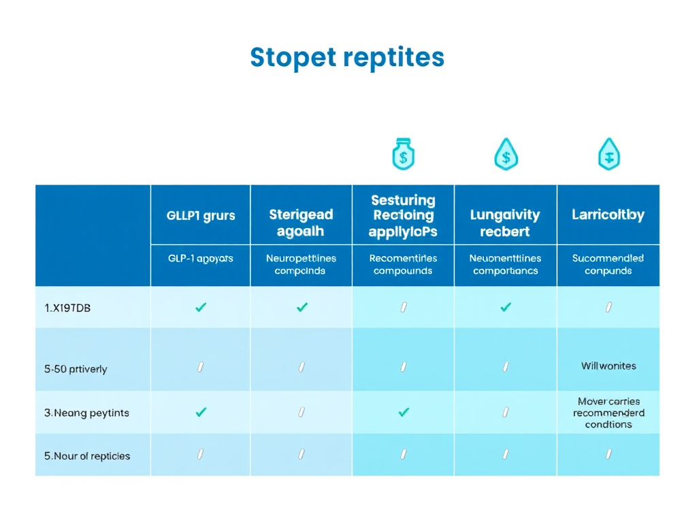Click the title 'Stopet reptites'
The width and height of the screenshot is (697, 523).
347,57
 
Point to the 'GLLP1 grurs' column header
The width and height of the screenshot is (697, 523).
201,216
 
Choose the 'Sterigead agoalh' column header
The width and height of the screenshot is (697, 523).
302,223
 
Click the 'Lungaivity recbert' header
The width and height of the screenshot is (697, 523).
505,223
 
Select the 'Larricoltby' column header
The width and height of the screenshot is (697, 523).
608,215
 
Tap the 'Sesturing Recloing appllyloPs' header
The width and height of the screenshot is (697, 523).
403,216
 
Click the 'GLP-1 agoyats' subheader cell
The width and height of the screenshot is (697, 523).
201,259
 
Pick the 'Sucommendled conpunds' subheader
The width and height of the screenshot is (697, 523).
608,264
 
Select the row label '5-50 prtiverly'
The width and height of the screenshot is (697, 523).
76,369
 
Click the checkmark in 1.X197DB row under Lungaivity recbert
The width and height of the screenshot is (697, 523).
505,307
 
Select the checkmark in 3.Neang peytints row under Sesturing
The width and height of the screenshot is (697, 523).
404,412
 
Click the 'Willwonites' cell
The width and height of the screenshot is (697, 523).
609,366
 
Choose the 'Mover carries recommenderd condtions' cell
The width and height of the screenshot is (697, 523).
609,413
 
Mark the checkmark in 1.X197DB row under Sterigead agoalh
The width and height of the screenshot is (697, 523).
302,307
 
